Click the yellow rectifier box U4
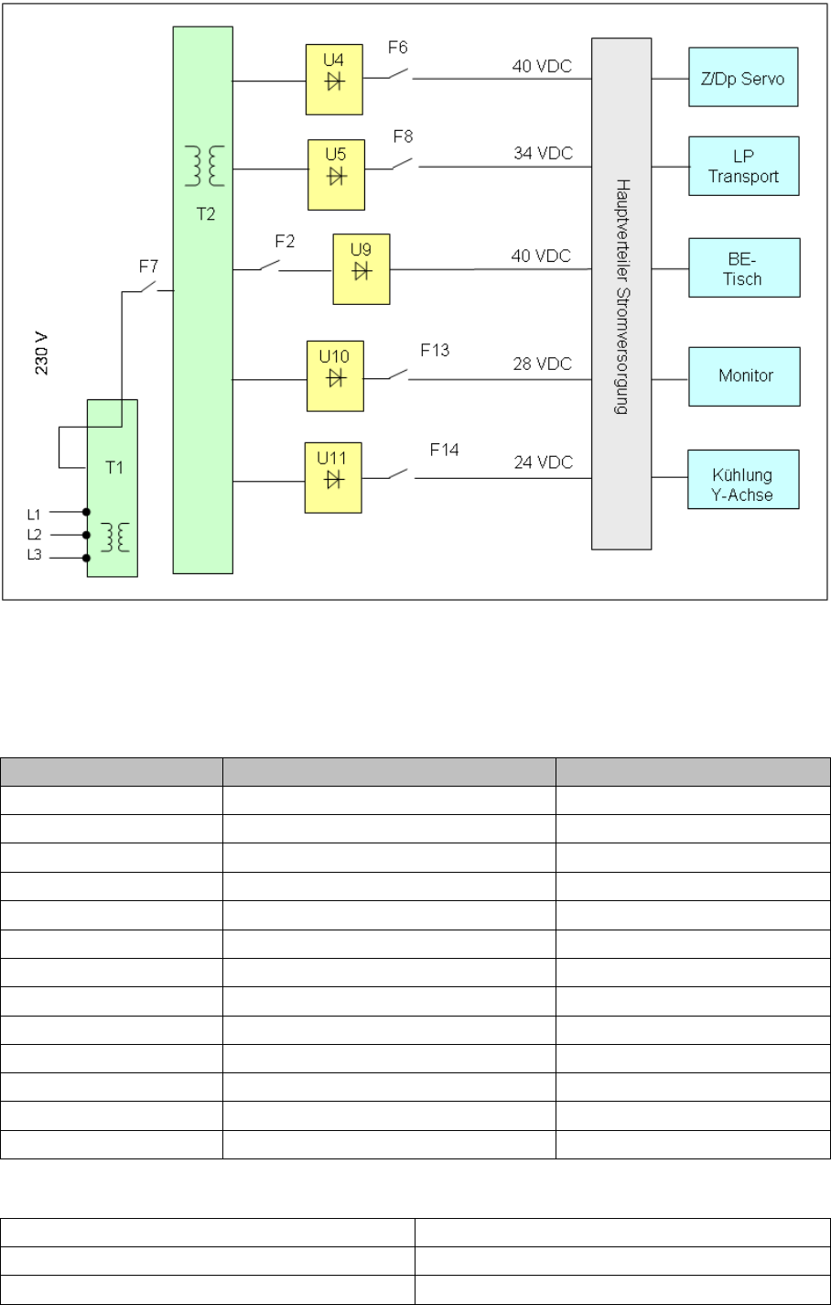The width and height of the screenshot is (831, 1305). pyautogui.click(x=334, y=80)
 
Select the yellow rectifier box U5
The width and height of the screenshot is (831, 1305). pyautogui.click(x=336, y=174)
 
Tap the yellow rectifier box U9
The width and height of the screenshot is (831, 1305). pyautogui.click(x=362, y=269)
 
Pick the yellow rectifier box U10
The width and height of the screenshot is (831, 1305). pyautogui.click(x=335, y=375)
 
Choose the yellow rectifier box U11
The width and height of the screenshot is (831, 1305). pyautogui.click(x=333, y=477)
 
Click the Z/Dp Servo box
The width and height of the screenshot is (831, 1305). pyautogui.click(x=743, y=77)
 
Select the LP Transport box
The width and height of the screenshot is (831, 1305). pyautogui.click(x=743, y=166)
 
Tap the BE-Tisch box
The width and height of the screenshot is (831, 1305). pyautogui.click(x=744, y=267)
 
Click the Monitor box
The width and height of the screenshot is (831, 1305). pyautogui.click(x=744, y=375)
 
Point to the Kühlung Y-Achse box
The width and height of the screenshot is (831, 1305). pyautogui.click(x=743, y=479)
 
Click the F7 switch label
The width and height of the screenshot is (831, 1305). pyautogui.click(x=148, y=266)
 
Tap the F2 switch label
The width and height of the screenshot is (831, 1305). pyautogui.click(x=285, y=242)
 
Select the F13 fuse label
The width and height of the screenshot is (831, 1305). pyautogui.click(x=435, y=350)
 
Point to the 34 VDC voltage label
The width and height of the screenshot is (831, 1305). pyautogui.click(x=543, y=153)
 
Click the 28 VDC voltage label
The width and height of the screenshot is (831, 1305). pyautogui.click(x=542, y=364)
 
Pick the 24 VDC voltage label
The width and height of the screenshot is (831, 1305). pyautogui.click(x=543, y=462)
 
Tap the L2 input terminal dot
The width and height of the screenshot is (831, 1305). pyautogui.click(x=87, y=535)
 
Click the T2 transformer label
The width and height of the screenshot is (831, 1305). pyautogui.click(x=206, y=213)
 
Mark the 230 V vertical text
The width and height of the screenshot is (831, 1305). pyautogui.click(x=41, y=353)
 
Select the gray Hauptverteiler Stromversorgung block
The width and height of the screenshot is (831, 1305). pyautogui.click(x=621, y=293)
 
